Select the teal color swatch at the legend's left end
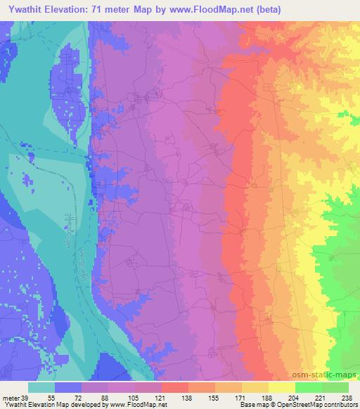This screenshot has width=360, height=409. tap(42, 387)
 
